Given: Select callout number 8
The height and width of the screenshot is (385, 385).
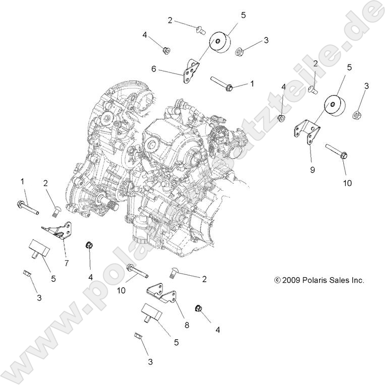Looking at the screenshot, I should [187, 312].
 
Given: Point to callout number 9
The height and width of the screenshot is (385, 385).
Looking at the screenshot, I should [312, 170].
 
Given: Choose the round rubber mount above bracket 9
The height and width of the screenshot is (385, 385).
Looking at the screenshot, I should [332, 106].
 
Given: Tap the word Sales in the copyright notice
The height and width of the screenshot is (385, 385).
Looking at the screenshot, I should [338, 281].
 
